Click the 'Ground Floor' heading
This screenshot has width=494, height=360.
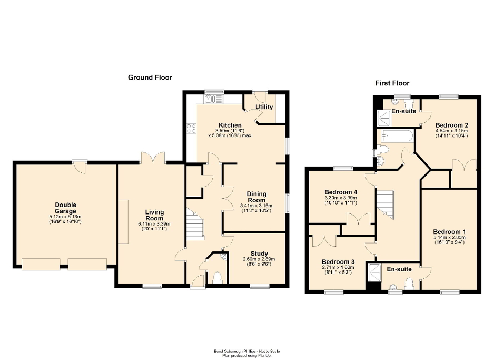click(150, 77)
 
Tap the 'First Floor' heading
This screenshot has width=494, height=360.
click(392, 83)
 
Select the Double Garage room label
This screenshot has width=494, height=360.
click(66, 208)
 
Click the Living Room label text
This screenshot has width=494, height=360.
click(154, 215)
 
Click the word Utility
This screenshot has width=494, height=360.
click(264, 107)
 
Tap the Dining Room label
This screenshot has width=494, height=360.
click(257, 197)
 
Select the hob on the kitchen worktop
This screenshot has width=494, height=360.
click(191, 128)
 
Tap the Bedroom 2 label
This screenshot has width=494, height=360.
click(452, 125)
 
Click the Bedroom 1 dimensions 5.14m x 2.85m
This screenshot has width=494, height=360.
click(449, 238)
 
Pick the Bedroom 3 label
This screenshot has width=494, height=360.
click(339, 262)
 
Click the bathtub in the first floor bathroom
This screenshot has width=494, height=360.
click(395, 135)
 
